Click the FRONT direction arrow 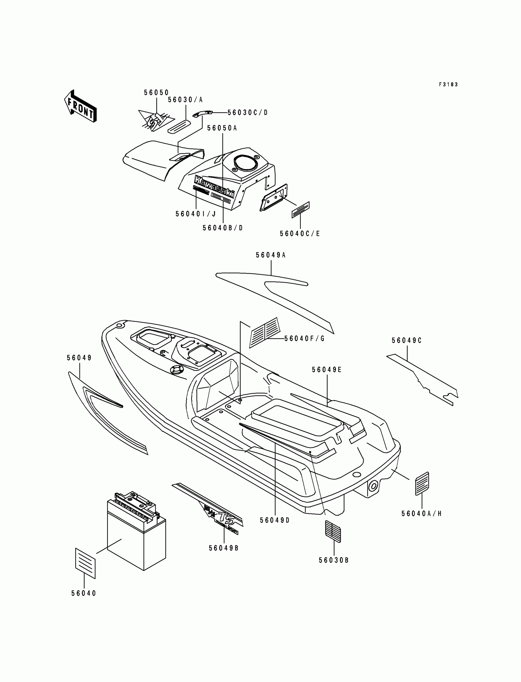pos(80,106)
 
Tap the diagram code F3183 pos(448,84)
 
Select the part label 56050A pos(222,128)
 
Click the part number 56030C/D pos(248,112)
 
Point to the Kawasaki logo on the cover pos(214,186)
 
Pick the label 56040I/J pos(196,214)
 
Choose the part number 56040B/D pos(223,228)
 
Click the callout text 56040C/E pos(300,234)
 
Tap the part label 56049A pos(270,255)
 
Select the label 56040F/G pos(304,338)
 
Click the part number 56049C pos(407,341)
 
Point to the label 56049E pos(327,370)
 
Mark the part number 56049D pos(275,520)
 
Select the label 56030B pos(334,560)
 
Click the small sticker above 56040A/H pos(422,483)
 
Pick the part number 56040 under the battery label pos(84,593)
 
